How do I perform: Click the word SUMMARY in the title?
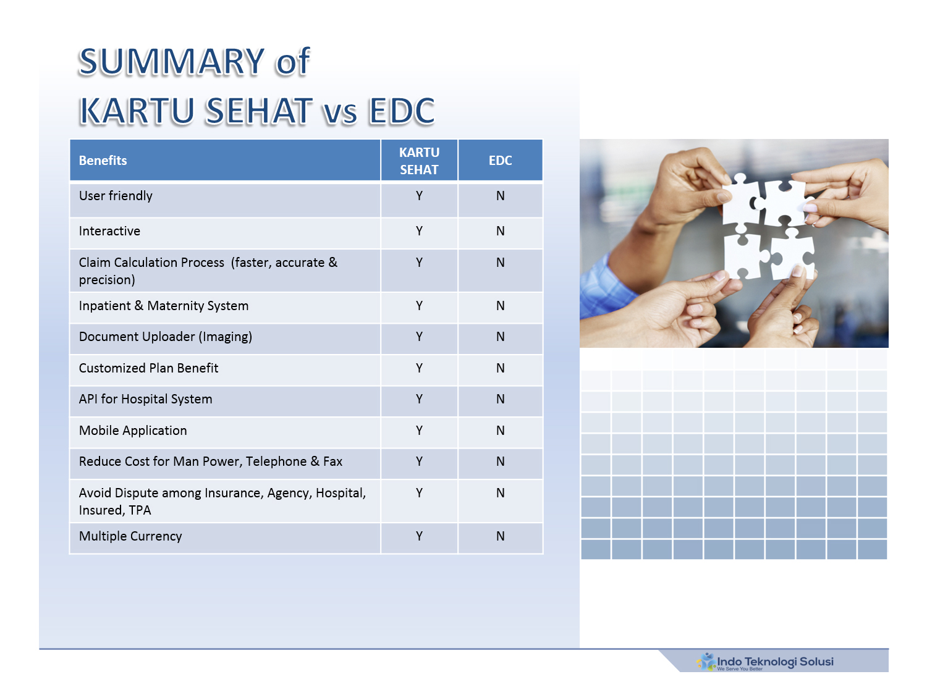tap(171, 62)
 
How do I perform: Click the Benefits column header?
tap(103, 161)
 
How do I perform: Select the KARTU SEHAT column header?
tap(419, 161)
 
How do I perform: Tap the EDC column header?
tap(500, 161)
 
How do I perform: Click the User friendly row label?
tap(116, 196)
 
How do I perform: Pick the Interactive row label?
tap(109, 231)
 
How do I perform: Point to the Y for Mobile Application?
tap(419, 431)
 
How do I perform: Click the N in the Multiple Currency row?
tap(500, 536)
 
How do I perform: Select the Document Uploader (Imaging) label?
tap(166, 337)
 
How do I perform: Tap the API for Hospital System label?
tap(146, 399)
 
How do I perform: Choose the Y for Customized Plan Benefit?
tap(419, 368)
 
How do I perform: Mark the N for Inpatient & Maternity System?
tap(500, 306)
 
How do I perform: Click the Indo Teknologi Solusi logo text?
tap(775, 661)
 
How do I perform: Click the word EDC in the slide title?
tap(401, 111)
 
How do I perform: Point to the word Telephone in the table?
tap(276, 461)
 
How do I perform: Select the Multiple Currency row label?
tap(130, 536)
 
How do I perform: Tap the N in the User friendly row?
tap(500, 196)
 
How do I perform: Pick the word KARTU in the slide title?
tap(137, 111)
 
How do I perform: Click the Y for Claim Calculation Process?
tap(419, 263)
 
